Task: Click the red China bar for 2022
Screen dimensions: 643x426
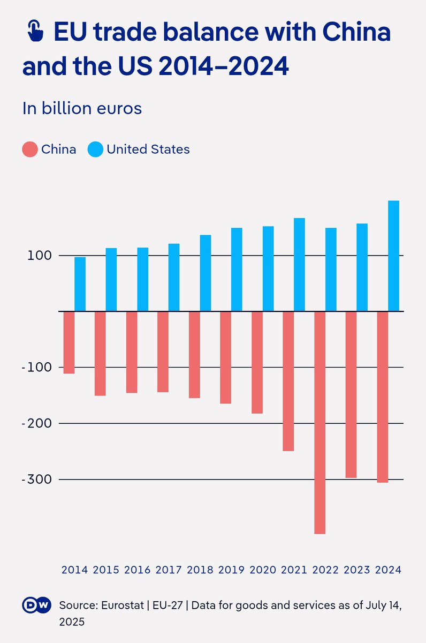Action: [319, 422]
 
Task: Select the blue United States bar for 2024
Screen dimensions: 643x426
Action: [393, 256]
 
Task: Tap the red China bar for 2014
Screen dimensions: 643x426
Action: [69, 342]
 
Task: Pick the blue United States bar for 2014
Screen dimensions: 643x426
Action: [80, 284]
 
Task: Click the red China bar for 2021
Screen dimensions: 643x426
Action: [288, 380]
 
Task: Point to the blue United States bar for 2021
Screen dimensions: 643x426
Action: [299, 264]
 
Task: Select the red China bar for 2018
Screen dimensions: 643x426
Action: [194, 354]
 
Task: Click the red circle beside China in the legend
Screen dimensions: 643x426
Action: [30, 149]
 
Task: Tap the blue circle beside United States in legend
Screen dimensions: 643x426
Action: [95, 149]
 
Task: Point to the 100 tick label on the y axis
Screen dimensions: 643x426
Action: [40, 256]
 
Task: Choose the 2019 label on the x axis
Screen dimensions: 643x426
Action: [231, 570]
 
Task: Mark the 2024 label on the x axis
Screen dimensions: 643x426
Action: [388, 570]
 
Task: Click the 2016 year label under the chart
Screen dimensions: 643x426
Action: [137, 570]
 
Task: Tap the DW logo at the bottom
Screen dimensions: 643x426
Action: [36, 605]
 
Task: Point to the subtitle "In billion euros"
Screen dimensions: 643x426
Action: [82, 108]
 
